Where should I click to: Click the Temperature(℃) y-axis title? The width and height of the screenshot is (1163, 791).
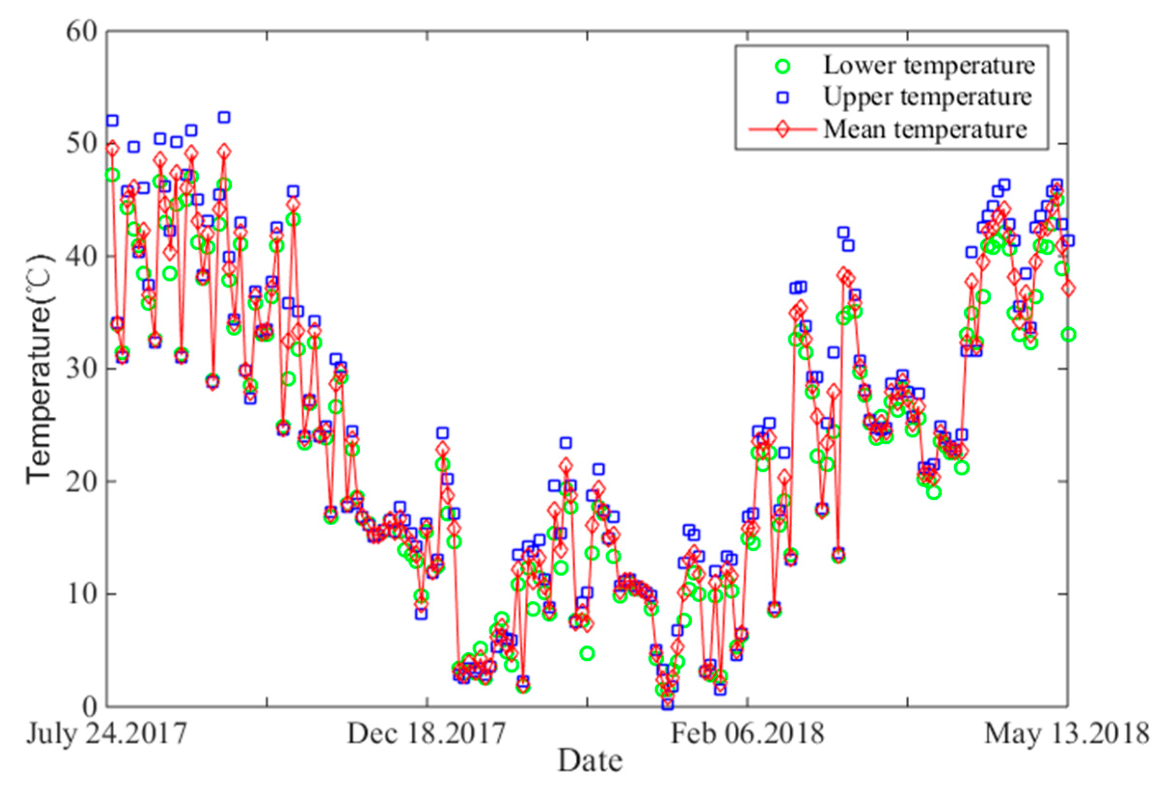click(x=40, y=369)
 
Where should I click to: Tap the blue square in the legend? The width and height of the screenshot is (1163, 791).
click(x=782, y=98)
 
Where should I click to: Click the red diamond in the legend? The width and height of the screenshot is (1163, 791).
click(x=782, y=129)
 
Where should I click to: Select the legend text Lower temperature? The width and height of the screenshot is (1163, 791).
click(x=929, y=66)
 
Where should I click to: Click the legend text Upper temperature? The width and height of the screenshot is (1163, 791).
click(x=927, y=97)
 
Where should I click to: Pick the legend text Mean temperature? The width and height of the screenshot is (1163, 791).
click(x=925, y=129)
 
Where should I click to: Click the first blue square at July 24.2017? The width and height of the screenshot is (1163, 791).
click(x=113, y=121)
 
